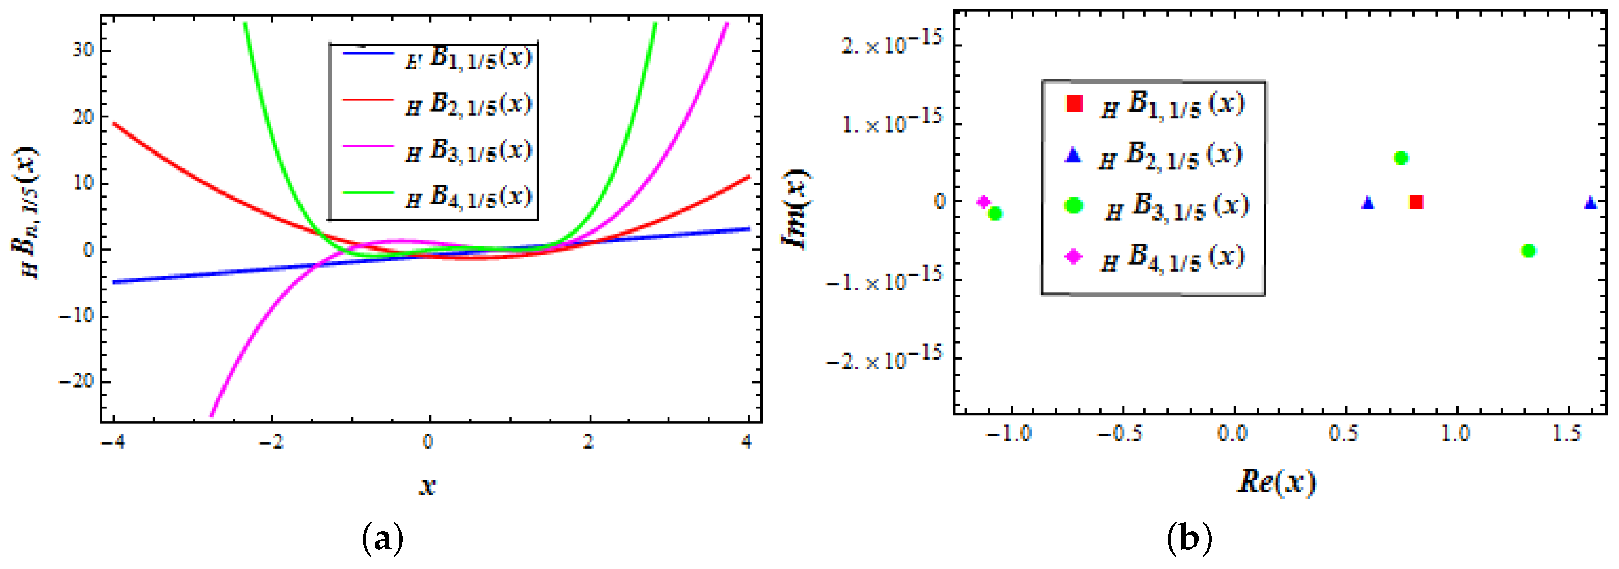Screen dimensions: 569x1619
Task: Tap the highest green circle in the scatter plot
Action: click(1400, 158)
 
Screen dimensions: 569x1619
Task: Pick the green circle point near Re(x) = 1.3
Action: click(1529, 251)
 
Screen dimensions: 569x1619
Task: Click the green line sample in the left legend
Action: click(368, 194)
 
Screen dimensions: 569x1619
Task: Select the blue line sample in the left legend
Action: click(368, 53)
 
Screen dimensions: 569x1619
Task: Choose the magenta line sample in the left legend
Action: click(368, 146)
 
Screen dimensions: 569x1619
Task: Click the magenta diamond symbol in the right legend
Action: click(1074, 256)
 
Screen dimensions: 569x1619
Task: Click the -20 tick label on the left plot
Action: click(75, 381)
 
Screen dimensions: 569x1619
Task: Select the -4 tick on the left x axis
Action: click(113, 442)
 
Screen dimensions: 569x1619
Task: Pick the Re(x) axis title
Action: click(1276, 482)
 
